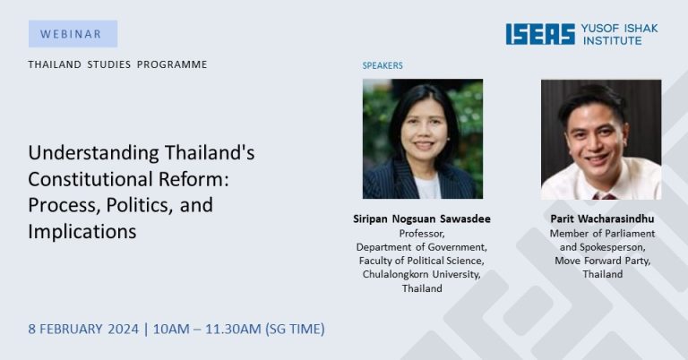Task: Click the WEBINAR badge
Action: pyautogui.click(x=73, y=34)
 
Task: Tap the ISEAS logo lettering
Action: pyautogui.click(x=540, y=34)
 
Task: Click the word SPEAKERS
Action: pyautogui.click(x=383, y=65)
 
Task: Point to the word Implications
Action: pyautogui.click(x=82, y=232)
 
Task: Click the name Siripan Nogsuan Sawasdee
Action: pyautogui.click(x=422, y=219)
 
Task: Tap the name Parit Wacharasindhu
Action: pyautogui.click(x=602, y=219)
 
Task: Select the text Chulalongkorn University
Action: pyautogui.click(x=422, y=275)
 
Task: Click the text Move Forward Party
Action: pyautogui.click(x=602, y=261)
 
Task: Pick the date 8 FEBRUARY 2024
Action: pyautogui.click(x=83, y=329)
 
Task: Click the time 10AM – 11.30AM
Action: pyautogui.click(x=207, y=329)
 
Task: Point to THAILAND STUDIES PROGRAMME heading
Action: pyautogui.click(x=117, y=64)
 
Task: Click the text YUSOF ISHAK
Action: pyautogui.click(x=620, y=29)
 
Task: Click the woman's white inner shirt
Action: pyautogui.click(x=427, y=187)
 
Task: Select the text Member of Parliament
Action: pyautogui.click(x=602, y=234)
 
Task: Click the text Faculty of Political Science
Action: pyautogui.click(x=422, y=261)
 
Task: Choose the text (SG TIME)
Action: pyautogui.click(x=295, y=329)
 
